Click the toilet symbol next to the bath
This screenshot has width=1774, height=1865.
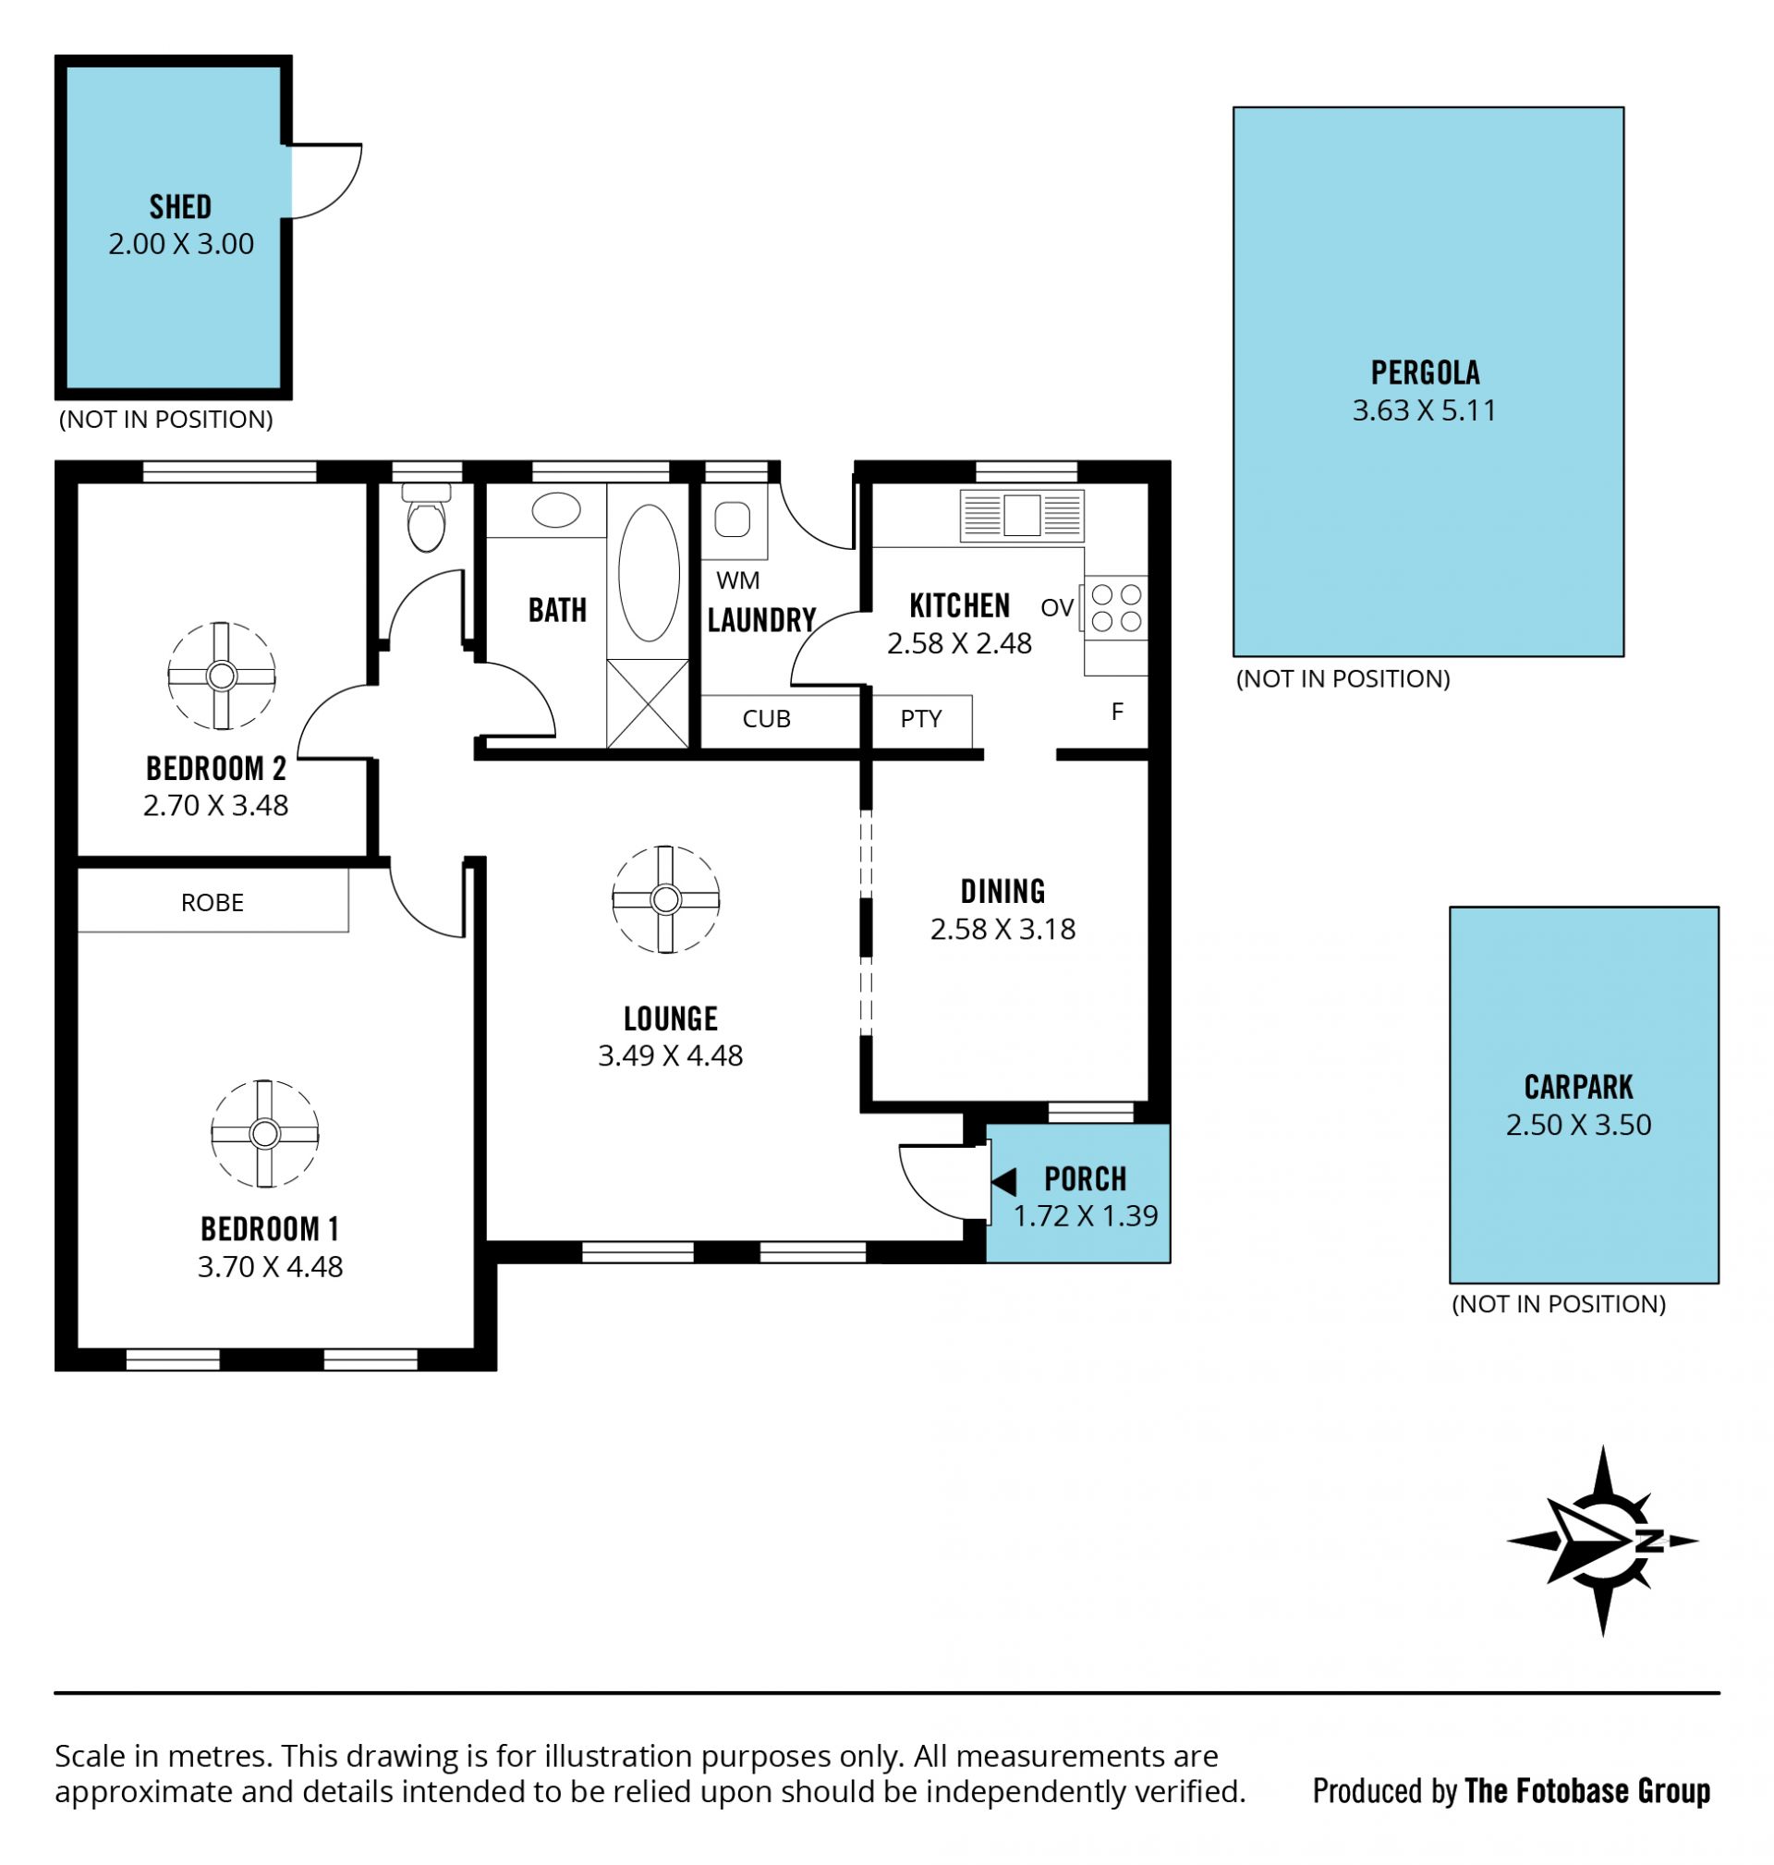(426, 518)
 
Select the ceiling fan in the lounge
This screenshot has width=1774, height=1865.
(666, 898)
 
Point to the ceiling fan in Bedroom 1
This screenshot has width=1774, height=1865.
(265, 1133)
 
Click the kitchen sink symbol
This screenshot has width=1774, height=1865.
(1021, 516)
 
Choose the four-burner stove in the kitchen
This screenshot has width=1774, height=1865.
(1116, 608)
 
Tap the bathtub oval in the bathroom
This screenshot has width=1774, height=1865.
(649, 573)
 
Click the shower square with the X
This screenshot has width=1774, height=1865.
(648, 703)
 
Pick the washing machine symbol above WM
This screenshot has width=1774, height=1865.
(733, 519)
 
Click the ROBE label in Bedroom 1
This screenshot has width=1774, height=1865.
(212, 902)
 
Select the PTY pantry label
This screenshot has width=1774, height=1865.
(921, 719)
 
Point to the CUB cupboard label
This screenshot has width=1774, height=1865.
(766, 719)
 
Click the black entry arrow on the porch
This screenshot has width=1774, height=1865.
(1003, 1181)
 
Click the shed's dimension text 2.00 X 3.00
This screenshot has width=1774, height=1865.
(180, 244)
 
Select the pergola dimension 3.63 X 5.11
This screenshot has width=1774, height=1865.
(1424, 410)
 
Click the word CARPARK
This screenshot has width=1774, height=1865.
(1578, 1088)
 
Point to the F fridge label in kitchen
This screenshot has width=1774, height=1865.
(1117, 713)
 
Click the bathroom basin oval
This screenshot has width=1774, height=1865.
(556, 510)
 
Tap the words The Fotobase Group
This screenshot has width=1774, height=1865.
(1587, 1791)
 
